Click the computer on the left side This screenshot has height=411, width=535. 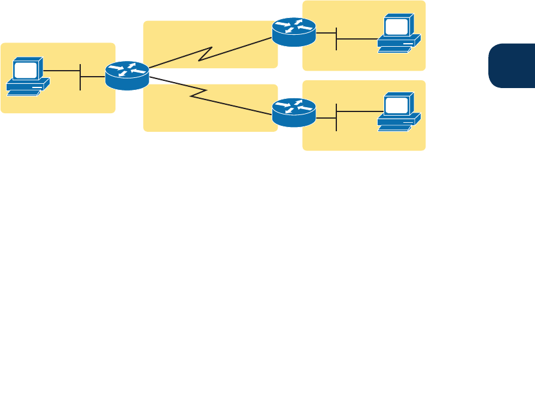point(28,77)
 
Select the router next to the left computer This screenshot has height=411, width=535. point(127,75)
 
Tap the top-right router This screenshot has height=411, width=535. point(293,32)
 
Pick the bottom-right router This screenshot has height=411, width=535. point(293,113)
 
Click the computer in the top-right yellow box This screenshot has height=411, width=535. point(399,34)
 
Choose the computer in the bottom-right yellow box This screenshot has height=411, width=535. point(399,111)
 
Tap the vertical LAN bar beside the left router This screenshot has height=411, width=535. point(80,76)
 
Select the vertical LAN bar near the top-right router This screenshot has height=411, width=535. point(337,38)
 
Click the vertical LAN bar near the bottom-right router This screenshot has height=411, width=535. point(337,117)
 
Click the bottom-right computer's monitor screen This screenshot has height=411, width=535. point(396,105)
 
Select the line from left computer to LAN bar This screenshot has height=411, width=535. point(62,71)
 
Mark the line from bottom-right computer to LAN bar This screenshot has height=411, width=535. point(359,111)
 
